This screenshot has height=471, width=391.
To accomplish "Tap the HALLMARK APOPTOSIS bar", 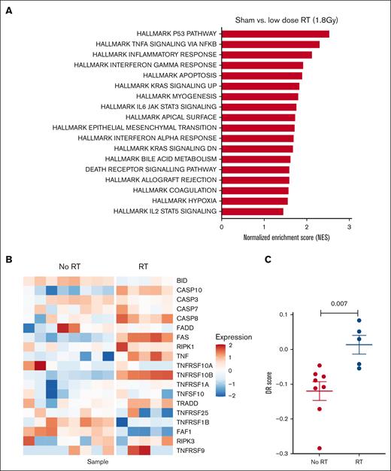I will [x=262, y=75].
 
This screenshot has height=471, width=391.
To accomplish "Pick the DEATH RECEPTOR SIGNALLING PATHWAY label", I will [x=162, y=169].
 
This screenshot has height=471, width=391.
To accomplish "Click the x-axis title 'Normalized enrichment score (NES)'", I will [x=286, y=237].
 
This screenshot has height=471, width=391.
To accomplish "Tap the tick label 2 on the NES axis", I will [x=307, y=226].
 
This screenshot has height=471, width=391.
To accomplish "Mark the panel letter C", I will [x=257, y=260].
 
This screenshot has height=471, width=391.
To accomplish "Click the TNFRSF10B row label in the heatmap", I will [x=196, y=374].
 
